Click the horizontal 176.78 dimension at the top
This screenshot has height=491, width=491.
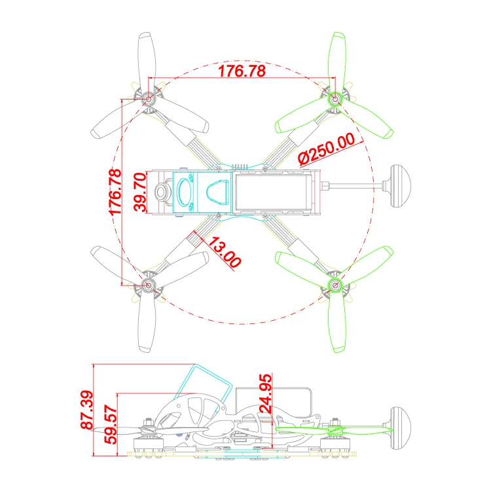coord(242,71)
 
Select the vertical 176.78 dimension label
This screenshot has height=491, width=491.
coord(115,192)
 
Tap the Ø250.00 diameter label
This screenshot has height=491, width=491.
coord(327,149)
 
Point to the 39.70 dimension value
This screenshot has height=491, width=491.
coord(139,192)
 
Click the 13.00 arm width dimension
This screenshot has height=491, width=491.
coord(225,252)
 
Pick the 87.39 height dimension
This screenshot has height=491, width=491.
coord(86,409)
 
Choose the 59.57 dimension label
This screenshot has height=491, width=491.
coord(111,424)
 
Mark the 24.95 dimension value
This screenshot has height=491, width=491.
coord(266,393)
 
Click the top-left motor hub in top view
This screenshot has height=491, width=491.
coord(148,99)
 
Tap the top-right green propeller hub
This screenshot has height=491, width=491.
coord(335,99)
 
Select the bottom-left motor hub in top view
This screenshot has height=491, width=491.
coord(148,285)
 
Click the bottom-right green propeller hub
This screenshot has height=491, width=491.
coord(335,285)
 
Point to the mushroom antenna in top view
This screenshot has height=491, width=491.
coord(400,186)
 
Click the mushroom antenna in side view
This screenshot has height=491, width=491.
coord(400,428)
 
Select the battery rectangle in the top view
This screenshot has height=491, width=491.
coord(272,192)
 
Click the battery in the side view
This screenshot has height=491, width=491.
coord(273,403)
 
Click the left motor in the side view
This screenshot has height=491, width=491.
coord(149,441)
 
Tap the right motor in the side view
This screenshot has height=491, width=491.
coord(335,441)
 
